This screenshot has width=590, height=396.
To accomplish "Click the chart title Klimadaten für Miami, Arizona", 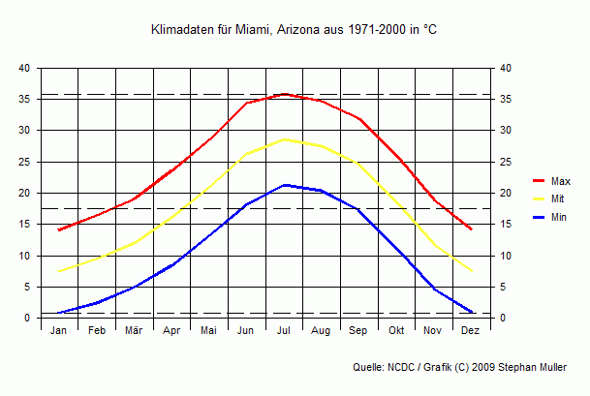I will (295, 31).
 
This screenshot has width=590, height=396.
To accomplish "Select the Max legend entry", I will (560, 181).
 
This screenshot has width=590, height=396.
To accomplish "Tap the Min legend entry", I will (559, 218).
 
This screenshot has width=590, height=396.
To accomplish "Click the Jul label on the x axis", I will (284, 331).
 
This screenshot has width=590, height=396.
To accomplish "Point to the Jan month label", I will (58, 331).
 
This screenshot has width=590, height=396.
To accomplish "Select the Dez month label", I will (471, 331).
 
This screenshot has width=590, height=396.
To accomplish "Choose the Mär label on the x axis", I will (134, 331).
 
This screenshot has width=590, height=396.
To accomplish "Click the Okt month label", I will (396, 331).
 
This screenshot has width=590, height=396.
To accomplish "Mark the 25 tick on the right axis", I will (505, 162).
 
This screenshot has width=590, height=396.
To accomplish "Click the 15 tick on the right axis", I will (505, 225).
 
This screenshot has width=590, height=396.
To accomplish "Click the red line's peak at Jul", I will (284, 94).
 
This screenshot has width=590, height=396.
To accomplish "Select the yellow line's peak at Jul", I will (284, 139).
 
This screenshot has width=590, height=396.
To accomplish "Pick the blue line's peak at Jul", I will (284, 185).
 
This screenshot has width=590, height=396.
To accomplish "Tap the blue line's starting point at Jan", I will (59, 313).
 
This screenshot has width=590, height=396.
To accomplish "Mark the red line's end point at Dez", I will (471, 229).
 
